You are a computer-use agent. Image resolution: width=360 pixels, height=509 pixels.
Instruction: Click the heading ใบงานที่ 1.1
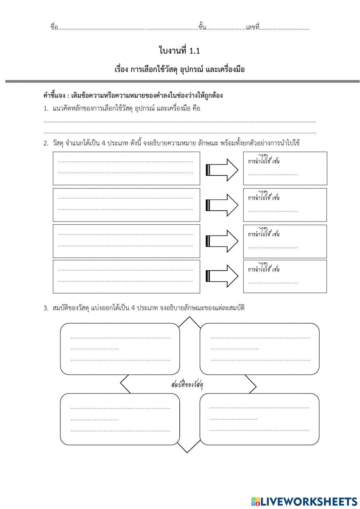[x=179, y=51]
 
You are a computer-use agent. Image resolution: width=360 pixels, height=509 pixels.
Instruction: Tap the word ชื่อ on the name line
[x=54, y=27]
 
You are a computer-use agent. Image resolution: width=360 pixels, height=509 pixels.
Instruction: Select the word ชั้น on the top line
[x=202, y=27]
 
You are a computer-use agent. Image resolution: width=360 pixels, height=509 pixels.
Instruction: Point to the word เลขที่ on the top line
[x=253, y=27]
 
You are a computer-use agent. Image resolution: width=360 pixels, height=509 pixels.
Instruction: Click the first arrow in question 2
[x=222, y=170]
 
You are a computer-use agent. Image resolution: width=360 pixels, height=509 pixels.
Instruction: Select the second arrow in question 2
[x=222, y=205]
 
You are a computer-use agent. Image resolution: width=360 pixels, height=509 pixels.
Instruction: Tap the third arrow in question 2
[x=222, y=241]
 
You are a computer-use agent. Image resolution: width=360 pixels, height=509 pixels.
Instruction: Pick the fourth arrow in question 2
[x=222, y=276]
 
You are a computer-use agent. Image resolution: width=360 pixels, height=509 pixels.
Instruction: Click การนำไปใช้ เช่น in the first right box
[x=264, y=161]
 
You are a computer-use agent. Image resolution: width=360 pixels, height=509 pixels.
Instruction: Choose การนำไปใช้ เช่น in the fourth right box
[x=264, y=269]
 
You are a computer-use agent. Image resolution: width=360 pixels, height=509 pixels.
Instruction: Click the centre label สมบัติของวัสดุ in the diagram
[x=187, y=385]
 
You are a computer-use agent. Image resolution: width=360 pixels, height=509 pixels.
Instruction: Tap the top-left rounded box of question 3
[x=120, y=349]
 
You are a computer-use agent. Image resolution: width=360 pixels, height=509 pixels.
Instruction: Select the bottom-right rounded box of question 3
[x=259, y=419]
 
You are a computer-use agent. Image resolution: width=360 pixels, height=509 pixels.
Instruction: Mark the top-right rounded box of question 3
[x=259, y=349]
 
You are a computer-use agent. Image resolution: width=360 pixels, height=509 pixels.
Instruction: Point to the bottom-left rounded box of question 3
[x=120, y=419]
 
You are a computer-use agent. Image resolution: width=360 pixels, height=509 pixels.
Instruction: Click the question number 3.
[x=46, y=308]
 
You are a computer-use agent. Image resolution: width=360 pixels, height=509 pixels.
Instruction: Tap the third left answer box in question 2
[x=126, y=241]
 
